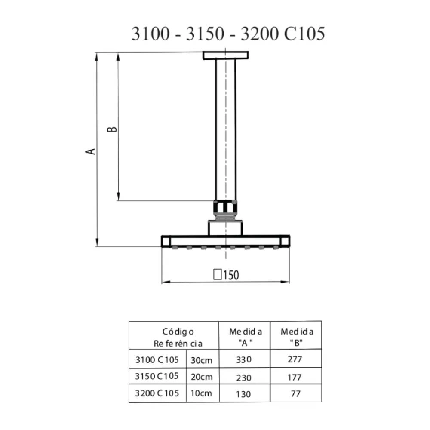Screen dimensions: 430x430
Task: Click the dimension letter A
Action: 90,151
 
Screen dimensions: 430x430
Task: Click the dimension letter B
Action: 112,129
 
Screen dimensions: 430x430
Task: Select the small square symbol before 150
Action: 218,274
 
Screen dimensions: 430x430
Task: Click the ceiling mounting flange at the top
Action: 226,55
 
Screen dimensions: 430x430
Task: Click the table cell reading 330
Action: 244,359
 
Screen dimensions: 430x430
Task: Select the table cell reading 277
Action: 295,359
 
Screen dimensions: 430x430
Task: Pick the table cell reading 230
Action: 244,378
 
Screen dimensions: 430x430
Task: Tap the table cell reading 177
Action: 295,378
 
